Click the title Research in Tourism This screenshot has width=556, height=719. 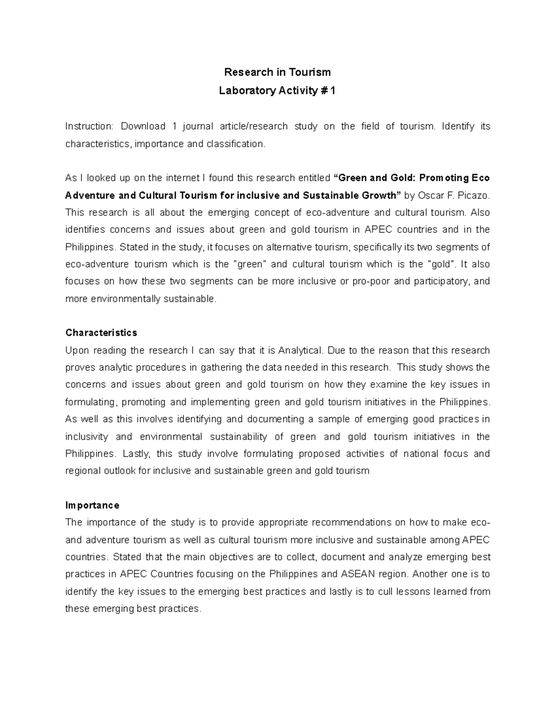pos(277,72)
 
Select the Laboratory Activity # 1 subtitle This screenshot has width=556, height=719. pos(277,91)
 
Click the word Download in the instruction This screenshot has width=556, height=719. pos(143,126)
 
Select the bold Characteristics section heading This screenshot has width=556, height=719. pos(101,333)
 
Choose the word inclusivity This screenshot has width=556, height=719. pos(87,437)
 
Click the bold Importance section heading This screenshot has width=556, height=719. pos(92,505)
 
